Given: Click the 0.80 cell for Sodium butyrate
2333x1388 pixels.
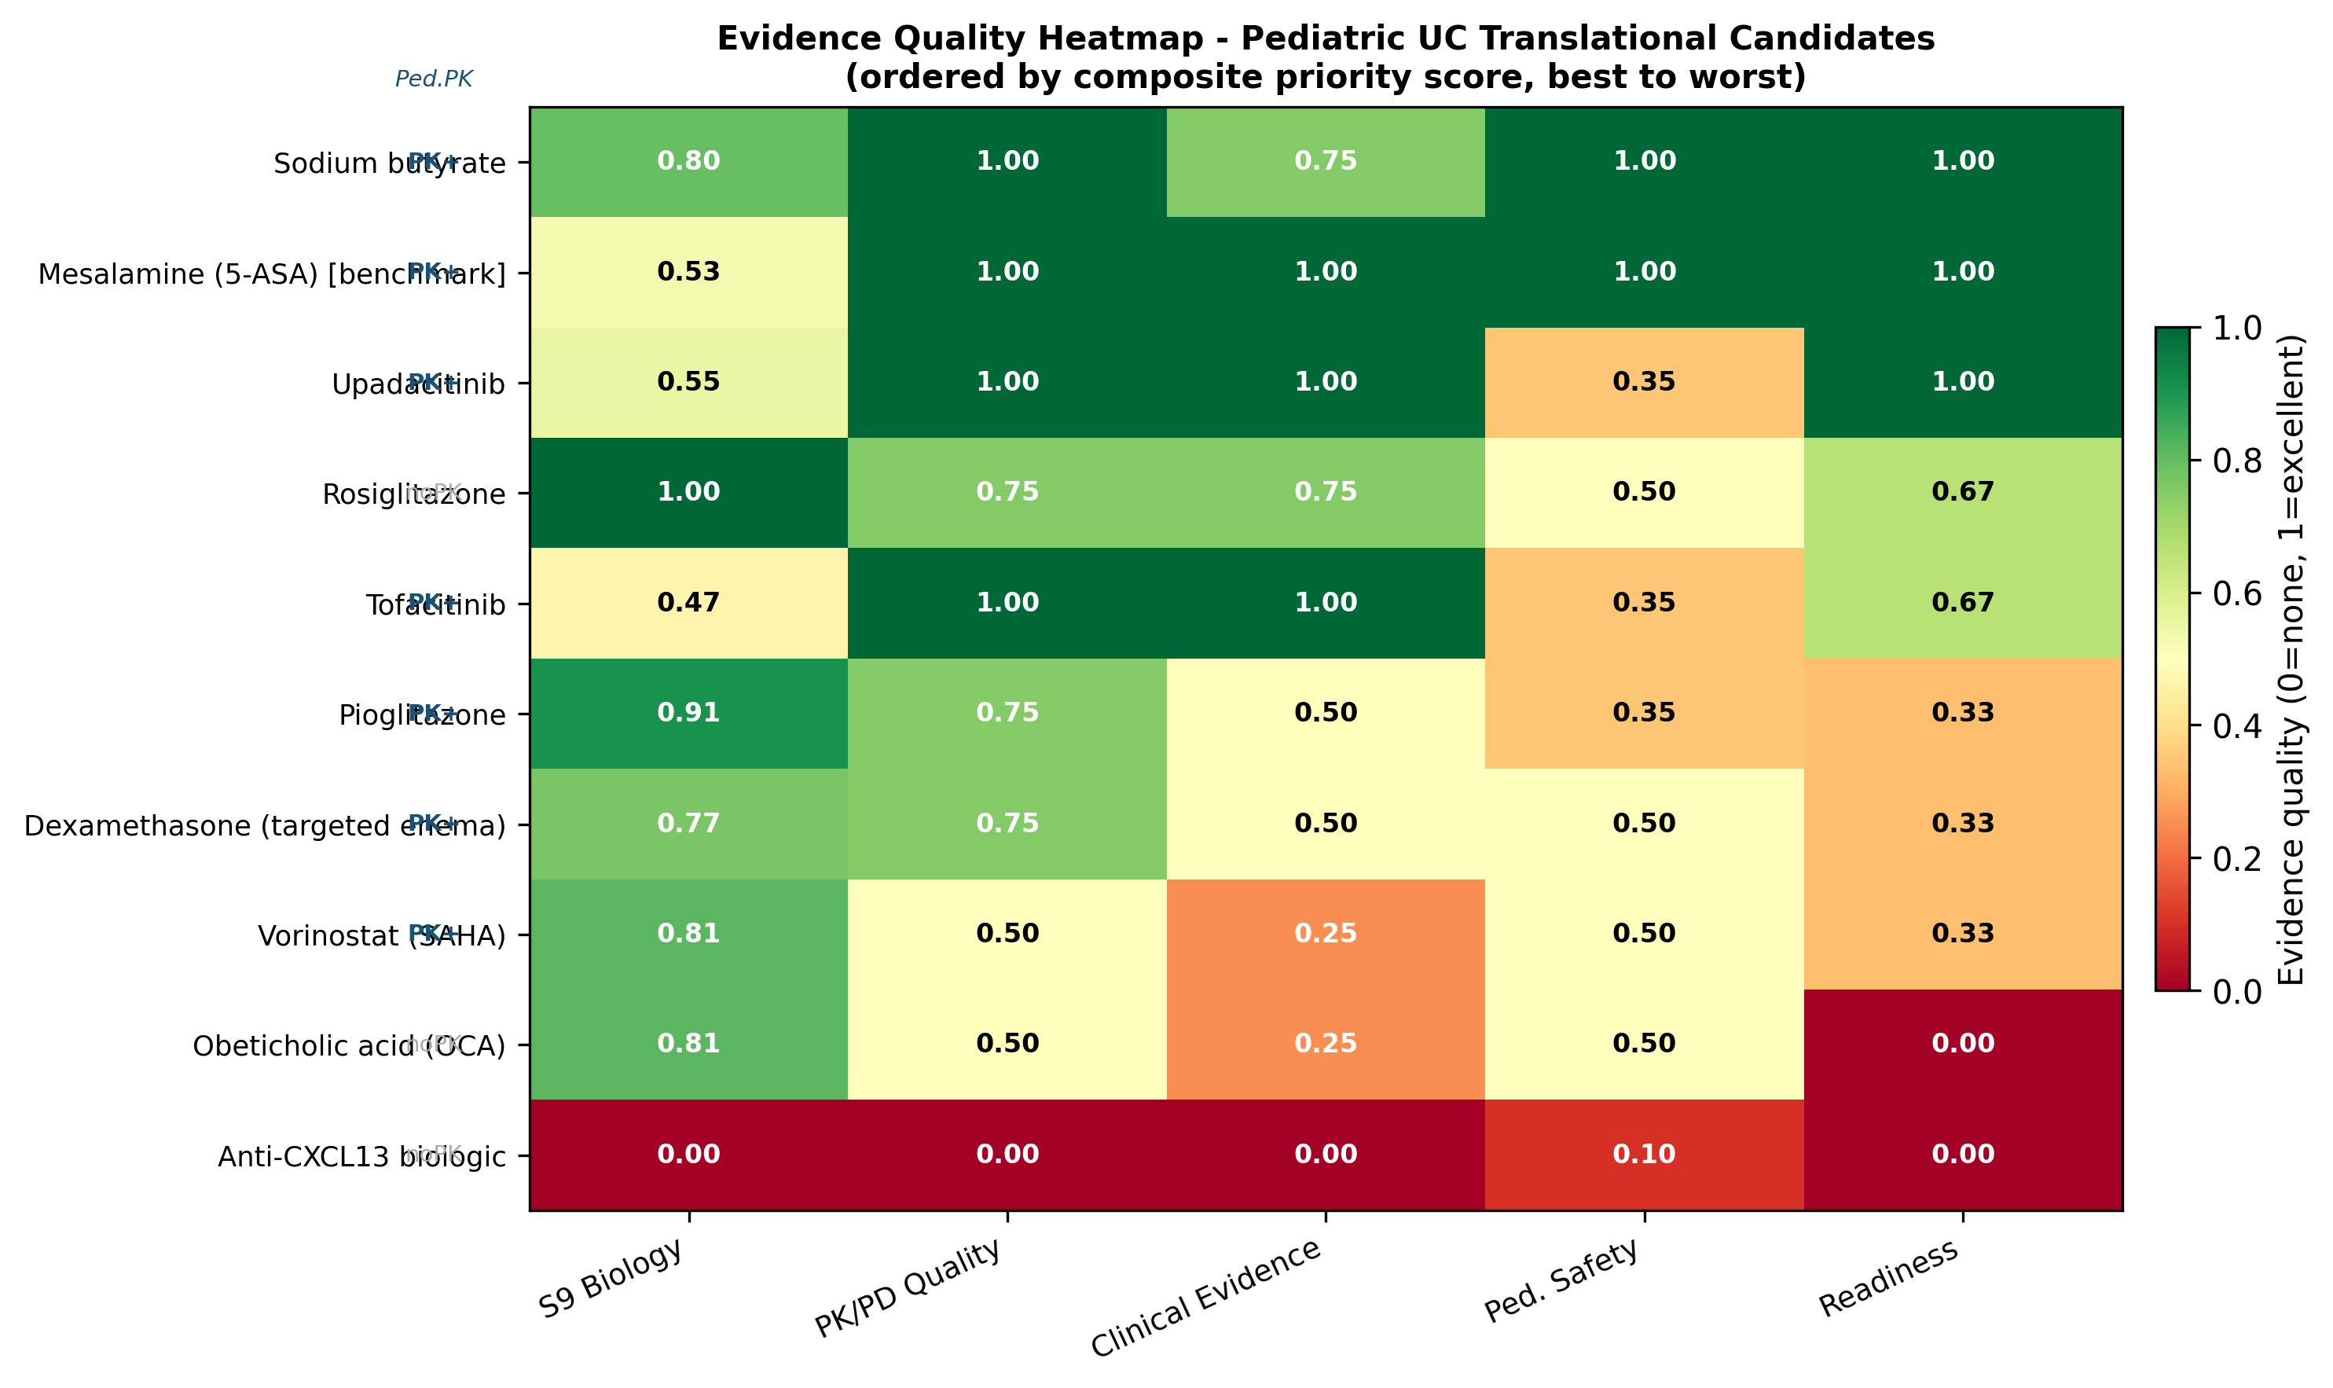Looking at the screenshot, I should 688,162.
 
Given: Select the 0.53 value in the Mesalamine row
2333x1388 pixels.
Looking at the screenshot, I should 688,272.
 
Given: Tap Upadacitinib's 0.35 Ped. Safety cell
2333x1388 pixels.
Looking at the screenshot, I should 1643,383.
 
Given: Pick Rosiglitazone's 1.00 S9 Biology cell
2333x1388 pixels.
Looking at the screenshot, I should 688,493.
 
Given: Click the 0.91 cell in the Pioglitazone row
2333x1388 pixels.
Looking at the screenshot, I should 688,714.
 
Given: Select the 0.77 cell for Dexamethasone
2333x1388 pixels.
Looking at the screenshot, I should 688,824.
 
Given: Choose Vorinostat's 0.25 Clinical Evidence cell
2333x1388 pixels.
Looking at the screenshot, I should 1325,935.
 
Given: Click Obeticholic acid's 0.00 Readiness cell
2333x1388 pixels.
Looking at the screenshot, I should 1962,1045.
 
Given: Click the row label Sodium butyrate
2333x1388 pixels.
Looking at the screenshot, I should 389,164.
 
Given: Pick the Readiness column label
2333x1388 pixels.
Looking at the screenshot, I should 1889,1279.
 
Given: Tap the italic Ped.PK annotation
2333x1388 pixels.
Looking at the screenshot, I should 433,79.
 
